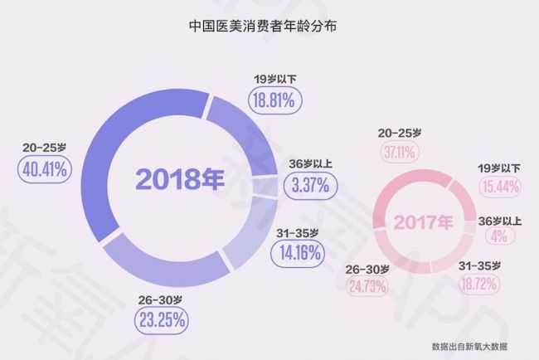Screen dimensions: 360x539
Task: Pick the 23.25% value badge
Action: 163,318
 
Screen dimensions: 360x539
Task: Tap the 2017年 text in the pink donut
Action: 424,222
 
